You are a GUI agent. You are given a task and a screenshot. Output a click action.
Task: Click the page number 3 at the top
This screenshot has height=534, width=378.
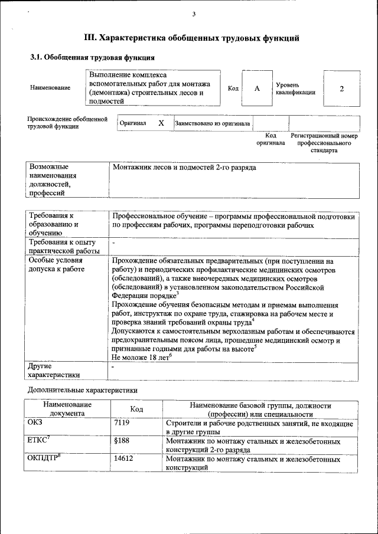tap(194, 14)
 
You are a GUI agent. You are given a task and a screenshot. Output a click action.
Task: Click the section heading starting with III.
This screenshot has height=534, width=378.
tap(191, 38)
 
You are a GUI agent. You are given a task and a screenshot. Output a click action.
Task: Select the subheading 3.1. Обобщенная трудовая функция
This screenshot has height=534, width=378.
tap(92, 58)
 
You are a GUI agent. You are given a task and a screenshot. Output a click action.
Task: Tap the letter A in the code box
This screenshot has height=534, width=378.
tap(257, 89)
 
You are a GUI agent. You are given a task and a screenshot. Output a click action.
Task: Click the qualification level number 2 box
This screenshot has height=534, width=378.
tap(341, 89)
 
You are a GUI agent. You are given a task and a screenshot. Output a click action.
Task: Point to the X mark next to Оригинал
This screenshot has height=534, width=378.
tap(161, 123)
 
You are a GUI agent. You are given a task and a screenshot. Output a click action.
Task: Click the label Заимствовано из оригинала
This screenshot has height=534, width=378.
tap(212, 124)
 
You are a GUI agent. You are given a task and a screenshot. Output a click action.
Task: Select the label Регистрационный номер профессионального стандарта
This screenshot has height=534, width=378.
tap(324, 143)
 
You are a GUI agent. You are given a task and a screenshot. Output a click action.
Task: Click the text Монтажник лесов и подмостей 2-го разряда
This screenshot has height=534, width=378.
tap(184, 168)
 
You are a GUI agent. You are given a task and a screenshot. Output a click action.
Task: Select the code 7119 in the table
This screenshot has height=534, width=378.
tap(122, 423)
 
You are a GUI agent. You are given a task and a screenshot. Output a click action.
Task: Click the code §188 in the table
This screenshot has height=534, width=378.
tap(121, 441)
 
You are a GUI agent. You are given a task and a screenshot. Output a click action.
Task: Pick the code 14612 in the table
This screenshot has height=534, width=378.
tap(123, 458)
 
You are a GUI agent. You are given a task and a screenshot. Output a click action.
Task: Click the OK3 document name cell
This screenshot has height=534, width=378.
tap(35, 423)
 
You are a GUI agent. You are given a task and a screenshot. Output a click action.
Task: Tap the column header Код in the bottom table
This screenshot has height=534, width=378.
tap(136, 409)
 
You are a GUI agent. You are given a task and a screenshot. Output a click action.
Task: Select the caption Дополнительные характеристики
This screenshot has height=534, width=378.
tap(83, 390)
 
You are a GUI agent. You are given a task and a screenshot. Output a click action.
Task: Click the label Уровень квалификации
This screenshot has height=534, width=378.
tap(295, 89)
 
